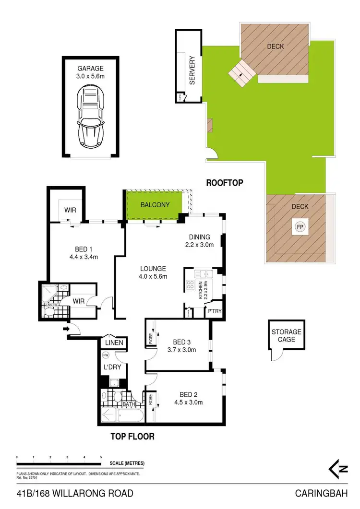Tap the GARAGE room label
point(90,69)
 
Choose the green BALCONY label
point(155,205)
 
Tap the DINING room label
point(200,237)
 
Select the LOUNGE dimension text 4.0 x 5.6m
point(153,277)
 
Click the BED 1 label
point(83,249)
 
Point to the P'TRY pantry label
point(214,311)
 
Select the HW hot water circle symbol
point(105,355)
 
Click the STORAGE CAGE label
point(286,336)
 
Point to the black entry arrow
point(66,329)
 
